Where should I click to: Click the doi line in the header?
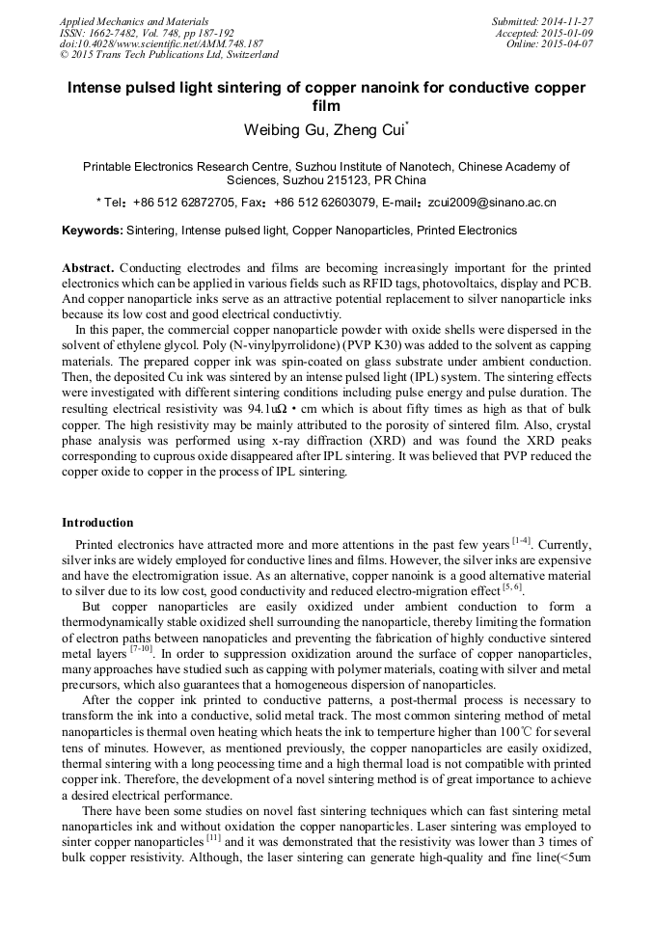click(160, 44)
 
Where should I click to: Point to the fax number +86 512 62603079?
click(324, 204)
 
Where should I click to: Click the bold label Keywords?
click(93, 231)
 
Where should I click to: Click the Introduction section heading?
click(97, 523)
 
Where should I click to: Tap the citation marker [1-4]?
click(520, 541)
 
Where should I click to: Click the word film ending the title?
click(326, 105)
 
